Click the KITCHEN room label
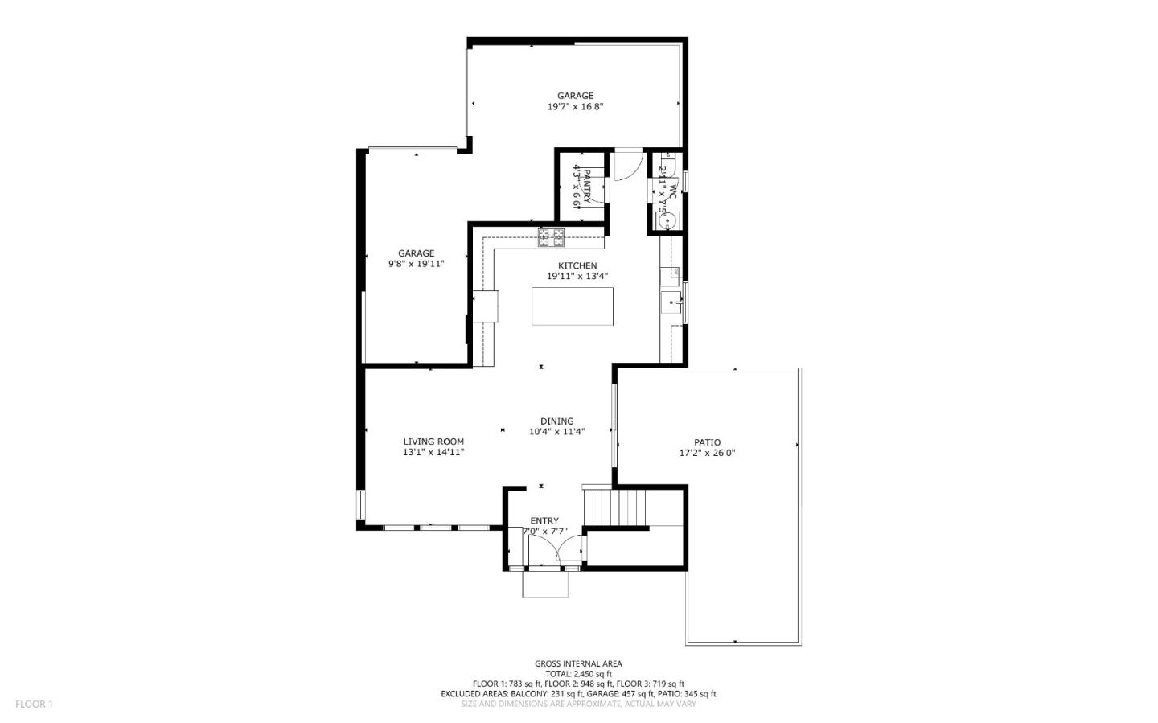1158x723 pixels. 577,266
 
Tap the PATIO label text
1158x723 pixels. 707,442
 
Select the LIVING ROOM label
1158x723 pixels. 433,442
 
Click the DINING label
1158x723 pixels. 556,421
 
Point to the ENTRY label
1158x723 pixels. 544,521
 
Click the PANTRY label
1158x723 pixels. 587,187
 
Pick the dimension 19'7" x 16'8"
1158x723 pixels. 575,106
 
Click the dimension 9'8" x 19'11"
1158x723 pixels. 416,264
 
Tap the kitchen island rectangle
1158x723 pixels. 573,306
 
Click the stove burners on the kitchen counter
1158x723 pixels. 552,236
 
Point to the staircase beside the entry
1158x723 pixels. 615,506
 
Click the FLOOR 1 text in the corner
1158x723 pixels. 34,705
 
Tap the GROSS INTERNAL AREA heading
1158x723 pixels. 578,663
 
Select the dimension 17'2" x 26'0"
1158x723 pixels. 707,453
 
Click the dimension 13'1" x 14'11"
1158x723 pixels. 433,452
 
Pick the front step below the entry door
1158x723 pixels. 545,584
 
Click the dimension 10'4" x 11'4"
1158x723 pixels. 556,432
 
